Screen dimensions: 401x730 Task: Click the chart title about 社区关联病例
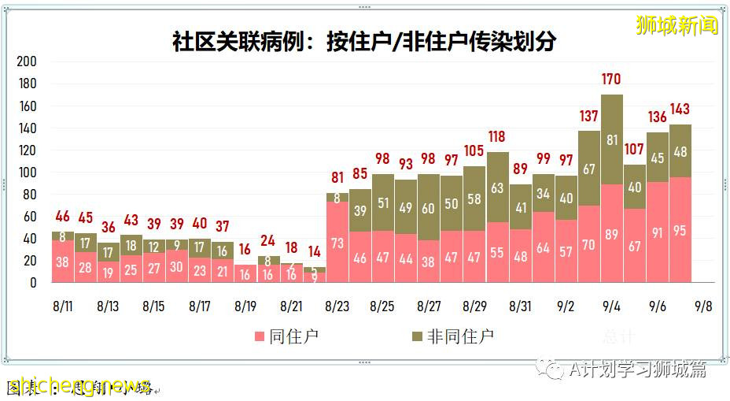point(363,41)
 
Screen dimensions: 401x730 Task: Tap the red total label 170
point(611,80)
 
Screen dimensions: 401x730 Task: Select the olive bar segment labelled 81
point(612,139)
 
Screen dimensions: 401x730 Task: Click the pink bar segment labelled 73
point(337,243)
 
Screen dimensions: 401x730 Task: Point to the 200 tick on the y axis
point(27,61)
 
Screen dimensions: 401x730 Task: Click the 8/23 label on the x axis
point(337,304)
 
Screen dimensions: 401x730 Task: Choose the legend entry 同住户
point(285,336)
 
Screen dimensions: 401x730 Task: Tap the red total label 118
point(497,137)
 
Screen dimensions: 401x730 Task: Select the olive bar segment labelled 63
point(497,188)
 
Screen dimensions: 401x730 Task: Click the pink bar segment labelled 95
point(680,231)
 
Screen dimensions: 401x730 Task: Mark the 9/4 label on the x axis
point(612,304)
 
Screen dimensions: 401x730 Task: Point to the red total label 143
point(680,110)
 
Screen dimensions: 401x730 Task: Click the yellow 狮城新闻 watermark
point(677,26)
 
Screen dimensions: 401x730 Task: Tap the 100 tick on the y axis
point(27,172)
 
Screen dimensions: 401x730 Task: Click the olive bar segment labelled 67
point(589,169)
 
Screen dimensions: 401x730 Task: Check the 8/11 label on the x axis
point(63,304)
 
